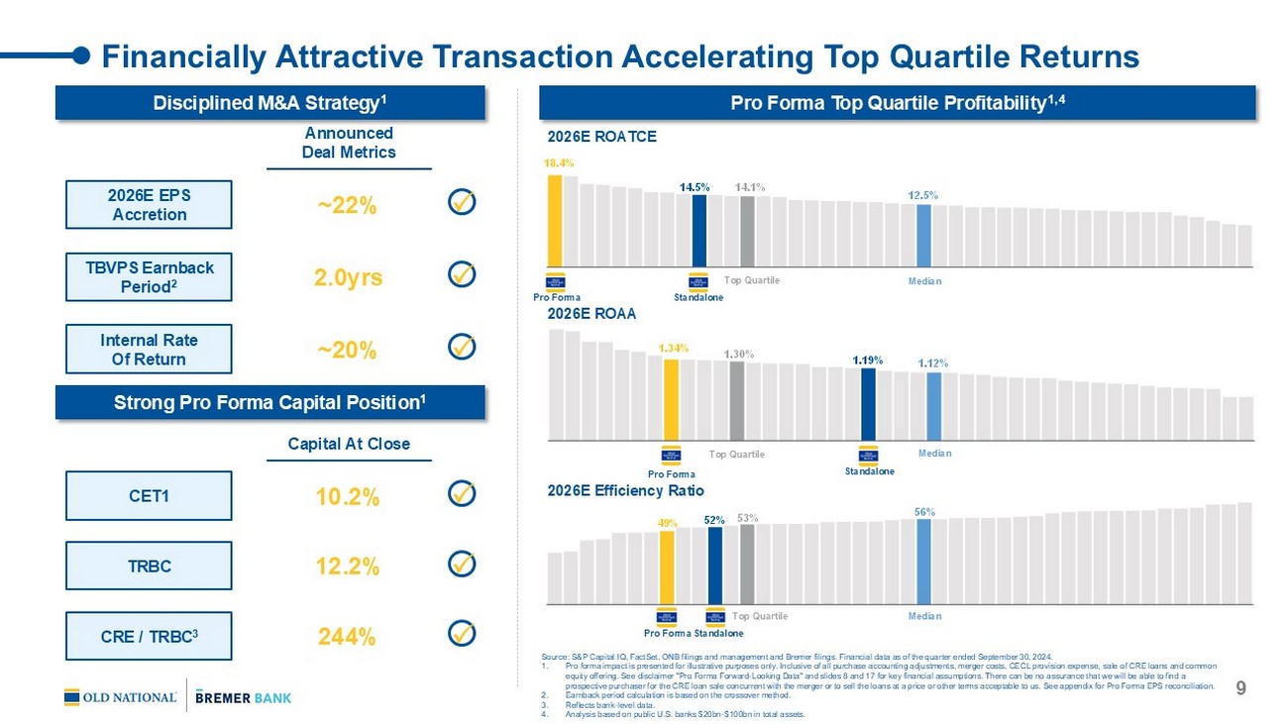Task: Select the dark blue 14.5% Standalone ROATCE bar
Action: tap(699, 230)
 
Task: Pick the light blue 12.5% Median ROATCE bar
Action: tap(923, 235)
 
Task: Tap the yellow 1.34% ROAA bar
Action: tap(671, 398)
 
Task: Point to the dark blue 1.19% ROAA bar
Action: tap(868, 404)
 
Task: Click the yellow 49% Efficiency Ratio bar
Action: tap(667, 567)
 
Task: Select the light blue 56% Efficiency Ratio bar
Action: tap(923, 561)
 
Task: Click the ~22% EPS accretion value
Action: tap(347, 206)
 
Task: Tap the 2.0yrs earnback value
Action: tap(348, 277)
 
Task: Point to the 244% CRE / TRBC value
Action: tap(347, 637)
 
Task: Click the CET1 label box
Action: tap(149, 496)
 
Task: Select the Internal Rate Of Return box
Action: tap(149, 350)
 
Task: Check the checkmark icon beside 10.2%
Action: tap(461, 493)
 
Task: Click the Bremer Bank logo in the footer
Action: tap(244, 697)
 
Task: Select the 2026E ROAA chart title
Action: tap(591, 314)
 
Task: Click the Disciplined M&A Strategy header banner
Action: tap(269, 103)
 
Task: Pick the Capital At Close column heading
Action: tap(348, 444)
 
